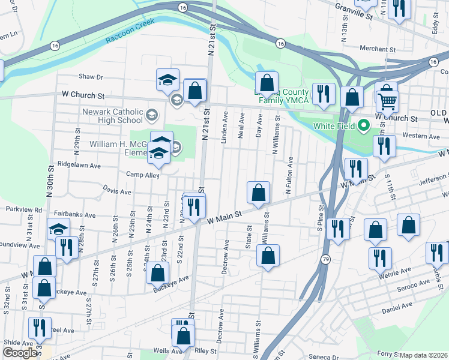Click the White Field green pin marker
point(363,126)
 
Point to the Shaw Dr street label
point(91,77)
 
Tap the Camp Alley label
point(142,175)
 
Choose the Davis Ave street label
point(116,191)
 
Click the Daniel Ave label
point(397,308)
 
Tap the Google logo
point(19,353)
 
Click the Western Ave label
point(421,136)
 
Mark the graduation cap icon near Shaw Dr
point(168,79)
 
